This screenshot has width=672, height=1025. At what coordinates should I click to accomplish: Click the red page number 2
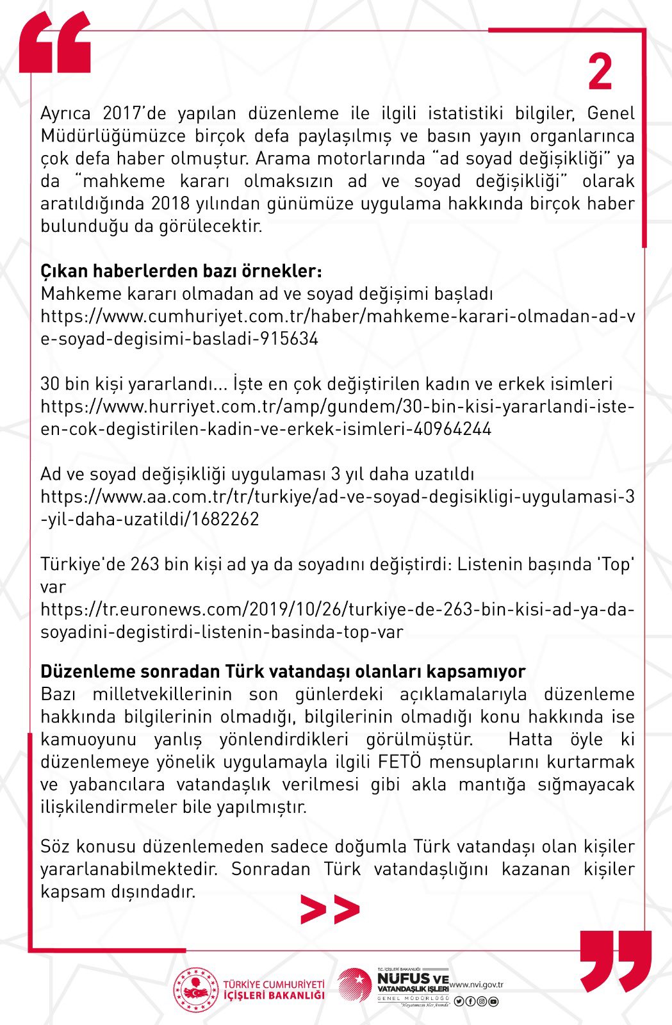tap(600, 72)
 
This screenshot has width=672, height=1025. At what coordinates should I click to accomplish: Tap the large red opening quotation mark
tap(55, 44)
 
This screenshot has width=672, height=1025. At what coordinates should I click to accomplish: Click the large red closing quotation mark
tap(615, 960)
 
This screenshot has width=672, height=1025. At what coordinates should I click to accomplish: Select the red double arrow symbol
tap(330, 910)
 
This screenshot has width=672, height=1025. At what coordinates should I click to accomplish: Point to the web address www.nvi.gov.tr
tap(476, 985)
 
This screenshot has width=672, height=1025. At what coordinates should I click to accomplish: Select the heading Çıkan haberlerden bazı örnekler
tap(181, 271)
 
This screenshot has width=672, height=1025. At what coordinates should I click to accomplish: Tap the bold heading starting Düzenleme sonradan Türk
tap(283, 671)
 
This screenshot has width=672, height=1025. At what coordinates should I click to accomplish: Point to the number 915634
tap(289, 339)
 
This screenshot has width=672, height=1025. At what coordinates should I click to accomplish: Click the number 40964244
tap(452, 429)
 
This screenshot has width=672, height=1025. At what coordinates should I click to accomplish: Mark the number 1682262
tap(222, 519)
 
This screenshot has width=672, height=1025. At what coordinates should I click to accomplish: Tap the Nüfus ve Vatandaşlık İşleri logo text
tap(413, 983)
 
